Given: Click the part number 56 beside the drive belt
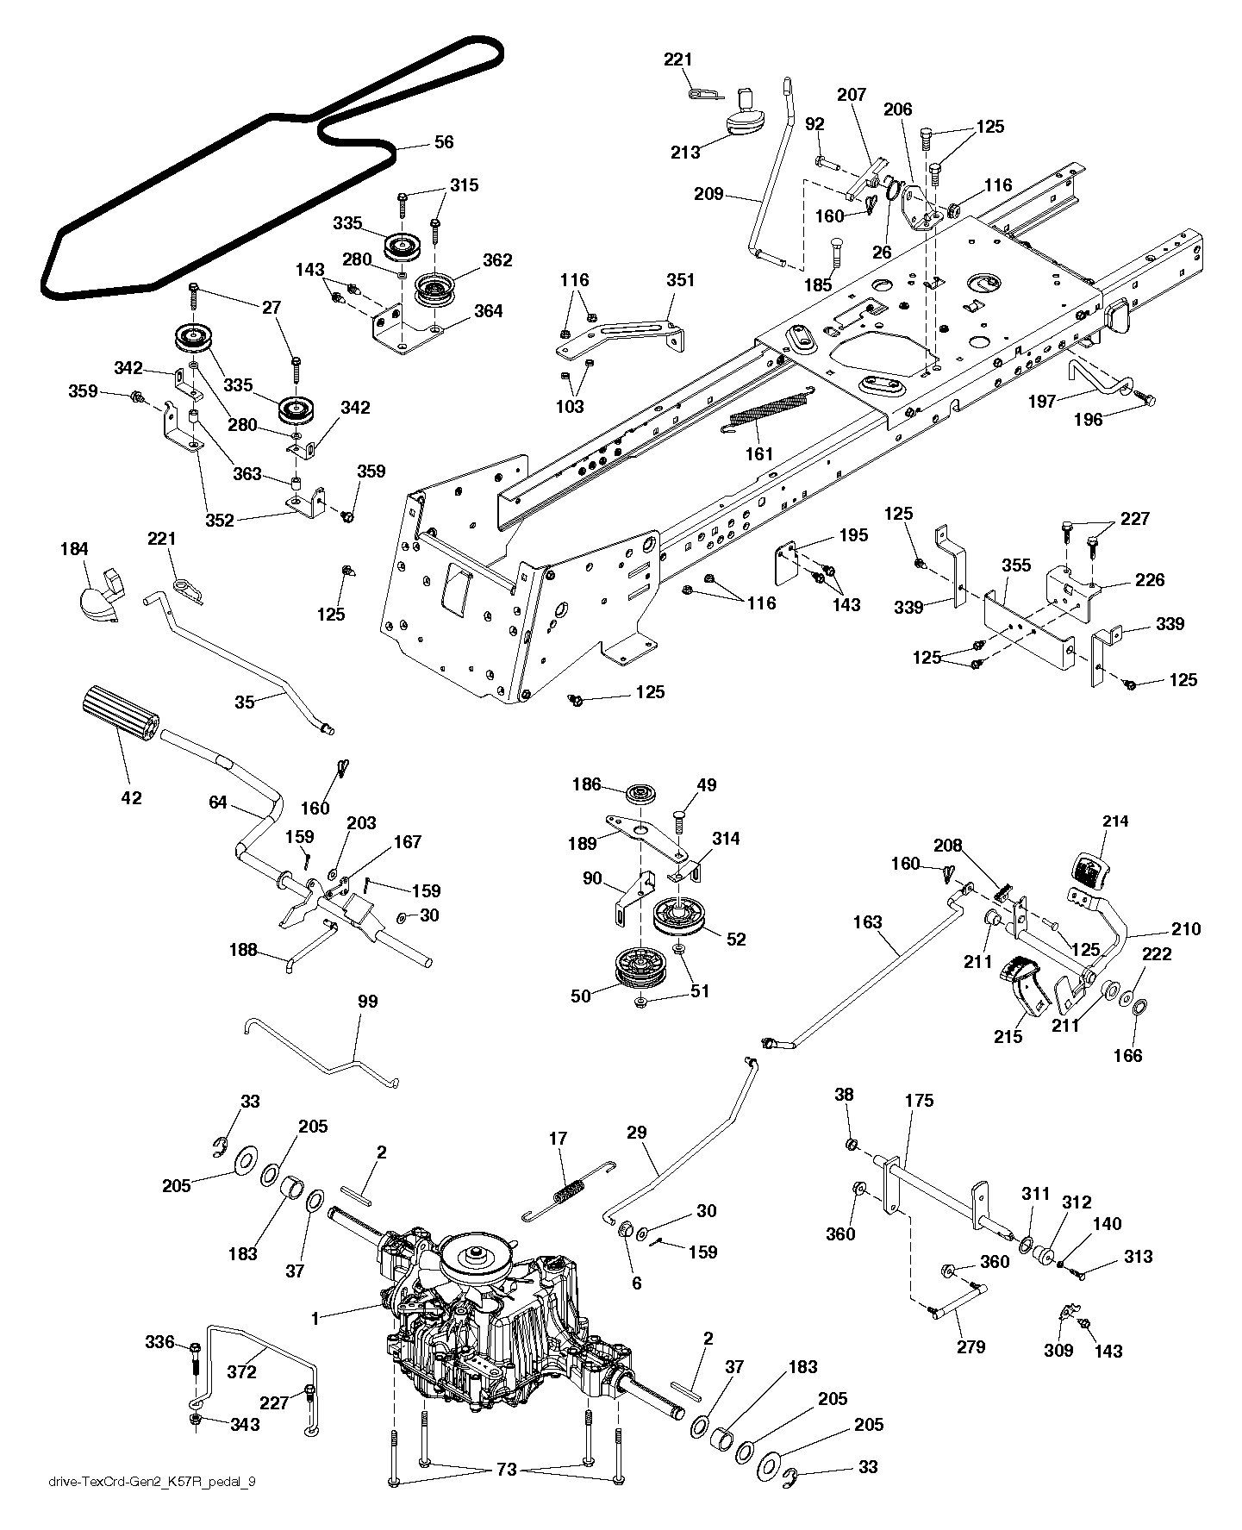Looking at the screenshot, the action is tap(443, 142).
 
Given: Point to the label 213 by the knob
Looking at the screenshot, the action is tap(685, 153).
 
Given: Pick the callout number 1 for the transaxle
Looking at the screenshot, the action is tap(315, 1319).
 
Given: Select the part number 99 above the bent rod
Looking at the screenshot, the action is tap(367, 1002).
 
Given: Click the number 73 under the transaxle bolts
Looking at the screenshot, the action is tap(506, 1470).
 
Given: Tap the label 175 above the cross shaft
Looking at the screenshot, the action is tap(919, 1101).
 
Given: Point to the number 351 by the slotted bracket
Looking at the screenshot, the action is tap(680, 280).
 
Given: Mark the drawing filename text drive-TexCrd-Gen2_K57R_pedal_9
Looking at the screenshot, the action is tap(152, 1482).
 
